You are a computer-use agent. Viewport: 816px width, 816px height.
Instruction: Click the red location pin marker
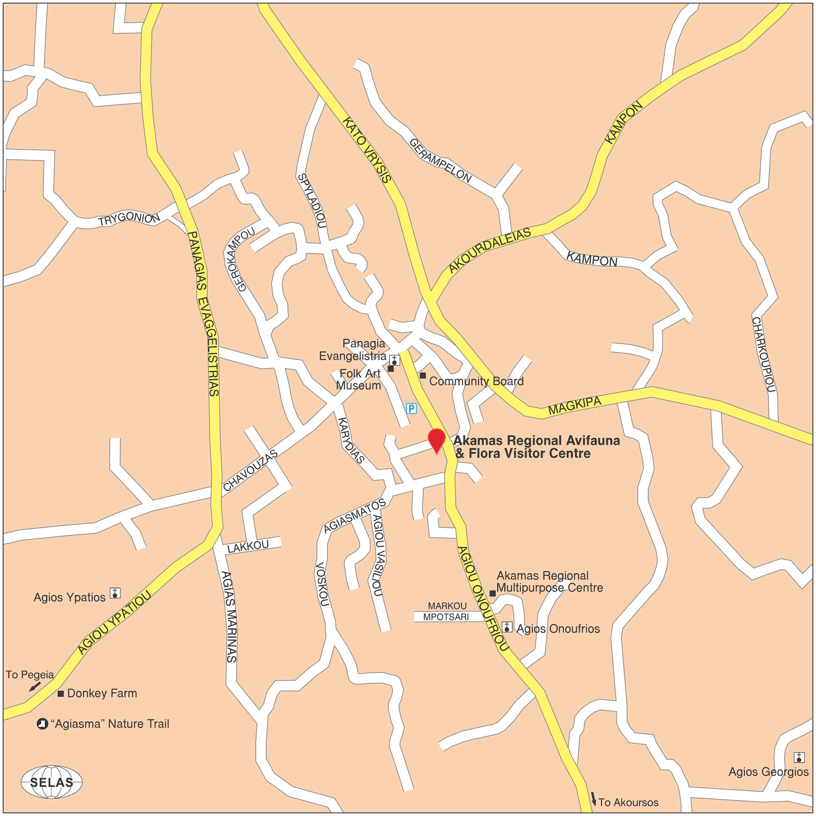tap(436, 440)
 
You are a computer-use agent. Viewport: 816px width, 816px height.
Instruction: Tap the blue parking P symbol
tap(411, 408)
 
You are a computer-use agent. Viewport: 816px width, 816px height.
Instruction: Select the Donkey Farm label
tap(102, 693)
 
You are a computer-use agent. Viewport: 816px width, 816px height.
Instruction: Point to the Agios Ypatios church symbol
tap(115, 593)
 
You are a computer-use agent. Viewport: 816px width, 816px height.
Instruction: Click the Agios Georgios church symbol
tap(799, 757)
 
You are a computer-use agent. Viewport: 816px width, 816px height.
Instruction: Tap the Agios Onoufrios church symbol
tap(507, 627)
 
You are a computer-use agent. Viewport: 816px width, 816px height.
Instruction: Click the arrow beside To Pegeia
tap(34, 686)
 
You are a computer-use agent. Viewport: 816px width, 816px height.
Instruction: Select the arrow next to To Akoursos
tap(593, 798)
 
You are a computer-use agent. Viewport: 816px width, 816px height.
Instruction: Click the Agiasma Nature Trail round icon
tap(42, 724)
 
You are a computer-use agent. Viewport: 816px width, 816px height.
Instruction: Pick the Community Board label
tap(476, 381)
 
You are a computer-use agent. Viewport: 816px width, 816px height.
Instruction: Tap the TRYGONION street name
tap(129, 218)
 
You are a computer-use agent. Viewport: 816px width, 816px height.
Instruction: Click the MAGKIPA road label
tap(575, 405)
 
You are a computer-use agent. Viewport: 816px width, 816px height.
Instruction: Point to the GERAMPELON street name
tap(440, 161)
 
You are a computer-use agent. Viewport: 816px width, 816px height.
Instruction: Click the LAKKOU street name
tap(248, 547)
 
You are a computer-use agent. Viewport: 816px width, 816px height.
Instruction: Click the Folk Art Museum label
tap(359, 380)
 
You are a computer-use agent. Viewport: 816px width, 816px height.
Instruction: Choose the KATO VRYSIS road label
tap(367, 150)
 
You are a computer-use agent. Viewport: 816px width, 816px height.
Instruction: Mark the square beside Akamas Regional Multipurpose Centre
tap(492, 593)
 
